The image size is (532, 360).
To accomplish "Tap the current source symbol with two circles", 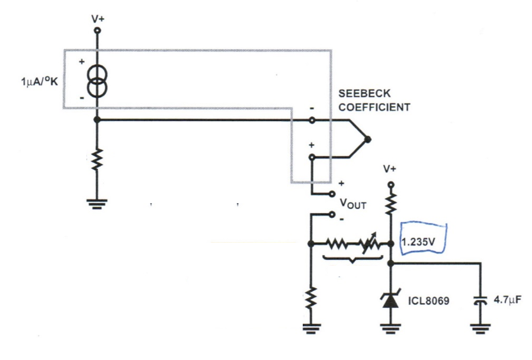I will [x=97, y=80].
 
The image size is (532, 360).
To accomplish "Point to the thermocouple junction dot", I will [x=367, y=140].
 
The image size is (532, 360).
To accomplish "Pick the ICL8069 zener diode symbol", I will [x=390, y=300].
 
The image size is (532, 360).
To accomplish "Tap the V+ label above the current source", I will [x=97, y=19].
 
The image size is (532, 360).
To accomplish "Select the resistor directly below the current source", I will [x=97, y=159].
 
